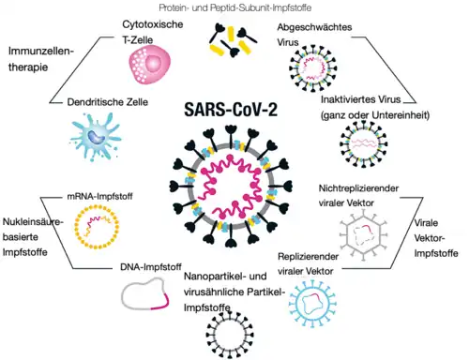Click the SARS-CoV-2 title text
click(231, 110)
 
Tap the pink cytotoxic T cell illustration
click(150, 65)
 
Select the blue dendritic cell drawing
click(96, 137)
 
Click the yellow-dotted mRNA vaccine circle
click(97, 227)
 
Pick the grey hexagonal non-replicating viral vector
click(364, 235)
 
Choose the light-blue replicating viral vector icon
click(312, 303)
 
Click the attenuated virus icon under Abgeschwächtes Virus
click(312, 68)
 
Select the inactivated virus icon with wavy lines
click(364, 144)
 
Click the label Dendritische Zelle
click(108, 102)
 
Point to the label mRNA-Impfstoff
click(99, 197)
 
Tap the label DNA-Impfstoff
click(151, 267)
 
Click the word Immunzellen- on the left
click(41, 51)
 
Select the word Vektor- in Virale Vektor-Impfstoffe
click(430, 238)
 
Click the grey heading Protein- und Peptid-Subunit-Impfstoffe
click(235, 7)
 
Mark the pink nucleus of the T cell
click(154, 64)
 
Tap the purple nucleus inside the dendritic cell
click(96, 137)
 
